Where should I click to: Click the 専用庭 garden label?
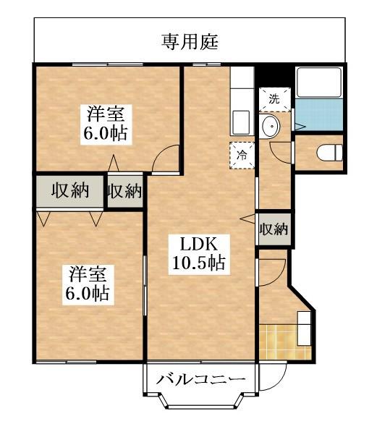tap(190, 42)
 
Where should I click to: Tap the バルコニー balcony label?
tap(201, 380)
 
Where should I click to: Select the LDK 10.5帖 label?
tap(199, 254)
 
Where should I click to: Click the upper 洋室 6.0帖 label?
tap(106, 124)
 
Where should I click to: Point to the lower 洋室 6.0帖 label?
tap(88, 285)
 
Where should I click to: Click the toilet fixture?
tap(329, 153)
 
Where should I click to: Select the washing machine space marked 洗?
tap(274, 99)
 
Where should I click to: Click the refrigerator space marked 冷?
tap(242, 156)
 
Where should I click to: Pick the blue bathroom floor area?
tap(318, 115)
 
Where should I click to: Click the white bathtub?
tap(319, 82)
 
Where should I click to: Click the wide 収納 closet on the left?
tap(69, 191)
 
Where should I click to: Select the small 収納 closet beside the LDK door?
tap(124, 191)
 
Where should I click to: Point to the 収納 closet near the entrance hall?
tap(274, 229)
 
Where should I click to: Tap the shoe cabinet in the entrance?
tap(304, 328)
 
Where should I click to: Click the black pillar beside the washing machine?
tap(274, 76)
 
